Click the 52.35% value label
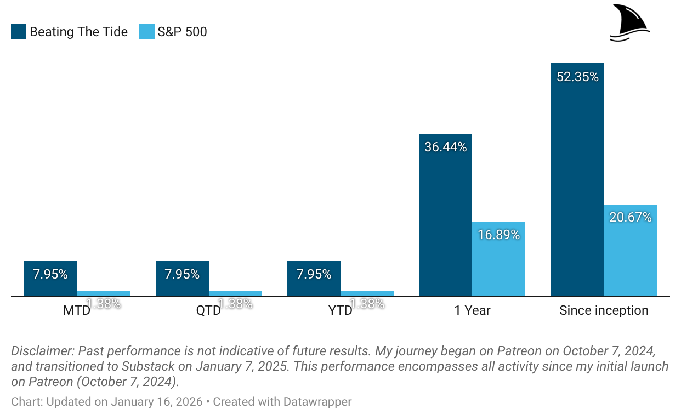point(577,77)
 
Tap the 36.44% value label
point(445,147)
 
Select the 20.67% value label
point(631,217)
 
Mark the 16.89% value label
point(498,235)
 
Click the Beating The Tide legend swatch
point(19,32)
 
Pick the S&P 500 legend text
point(182,32)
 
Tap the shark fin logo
point(629,23)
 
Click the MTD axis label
point(76,310)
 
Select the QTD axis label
point(208,310)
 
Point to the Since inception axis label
point(604,310)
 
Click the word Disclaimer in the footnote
point(41,351)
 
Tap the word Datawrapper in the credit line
point(317,402)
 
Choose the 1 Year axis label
point(472,310)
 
